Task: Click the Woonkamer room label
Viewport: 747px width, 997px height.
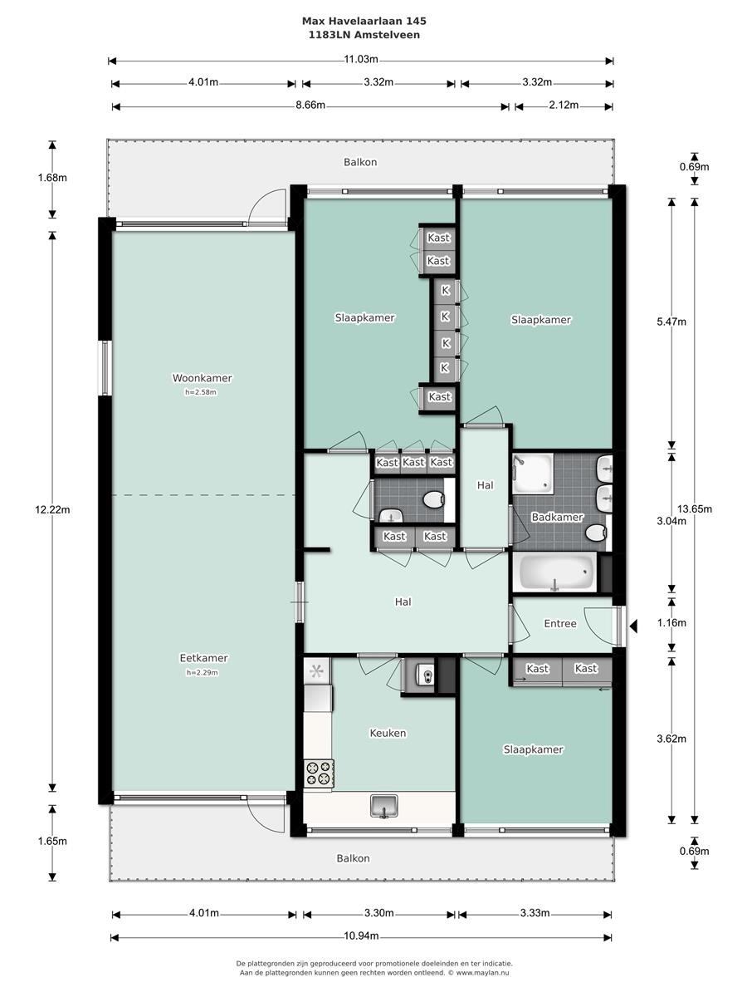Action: [202, 378]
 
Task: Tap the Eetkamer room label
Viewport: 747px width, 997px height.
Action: [203, 658]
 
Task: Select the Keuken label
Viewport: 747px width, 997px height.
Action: [388, 733]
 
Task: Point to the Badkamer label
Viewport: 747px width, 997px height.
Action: [557, 517]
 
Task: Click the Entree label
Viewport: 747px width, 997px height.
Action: [560, 624]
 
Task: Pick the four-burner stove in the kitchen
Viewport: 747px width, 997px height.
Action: [319, 774]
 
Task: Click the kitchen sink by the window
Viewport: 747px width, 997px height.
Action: [383, 807]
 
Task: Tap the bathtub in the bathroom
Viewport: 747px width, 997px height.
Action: [556, 572]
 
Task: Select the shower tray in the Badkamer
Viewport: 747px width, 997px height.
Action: [533, 474]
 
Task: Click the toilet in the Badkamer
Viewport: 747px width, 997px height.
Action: [596, 533]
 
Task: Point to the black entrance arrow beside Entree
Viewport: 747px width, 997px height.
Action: [633, 626]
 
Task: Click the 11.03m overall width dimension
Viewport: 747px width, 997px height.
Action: [361, 60]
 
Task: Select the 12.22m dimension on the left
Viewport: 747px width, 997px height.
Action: [52, 509]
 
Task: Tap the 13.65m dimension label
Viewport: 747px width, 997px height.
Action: [695, 509]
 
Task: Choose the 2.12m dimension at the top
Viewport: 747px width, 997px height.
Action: [564, 106]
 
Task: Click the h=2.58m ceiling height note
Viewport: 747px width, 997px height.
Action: [201, 392]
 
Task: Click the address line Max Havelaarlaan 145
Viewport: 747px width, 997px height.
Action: [364, 21]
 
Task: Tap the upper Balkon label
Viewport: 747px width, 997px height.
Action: [360, 162]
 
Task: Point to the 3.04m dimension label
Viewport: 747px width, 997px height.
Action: [671, 522]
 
